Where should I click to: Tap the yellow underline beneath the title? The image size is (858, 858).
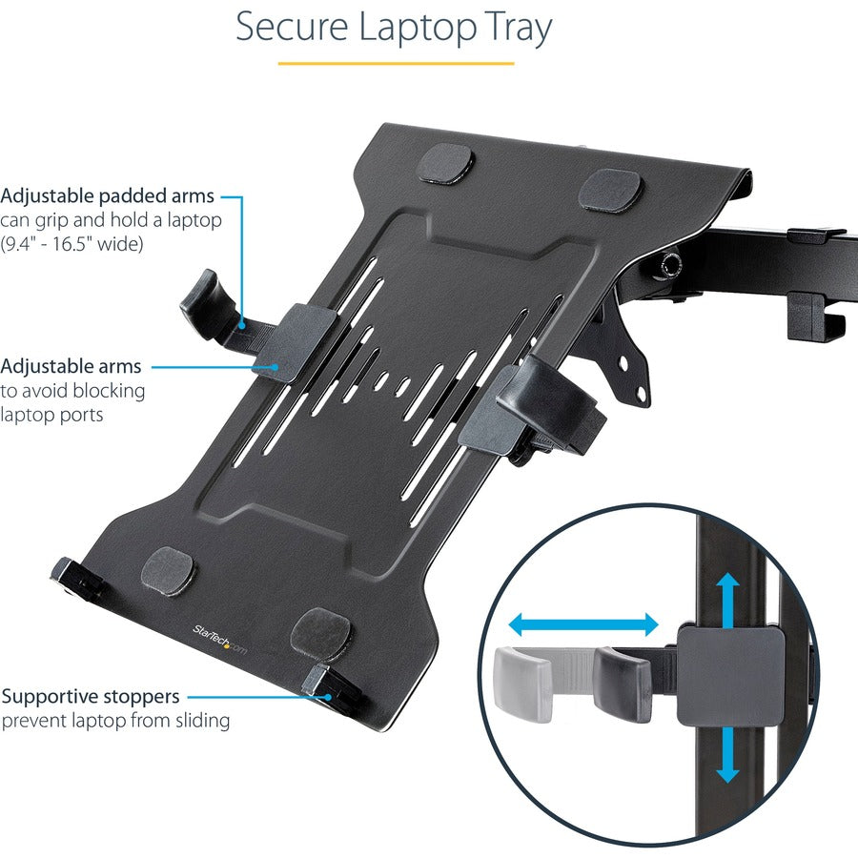[x=395, y=64]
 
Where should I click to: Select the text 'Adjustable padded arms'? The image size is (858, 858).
[x=107, y=196]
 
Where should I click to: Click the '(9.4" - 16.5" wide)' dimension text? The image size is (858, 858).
[x=71, y=245]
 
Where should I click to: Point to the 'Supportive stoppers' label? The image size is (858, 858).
[x=90, y=697]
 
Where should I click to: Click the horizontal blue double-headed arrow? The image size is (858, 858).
[x=582, y=625]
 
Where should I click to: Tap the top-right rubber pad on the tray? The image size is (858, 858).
[x=610, y=190]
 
